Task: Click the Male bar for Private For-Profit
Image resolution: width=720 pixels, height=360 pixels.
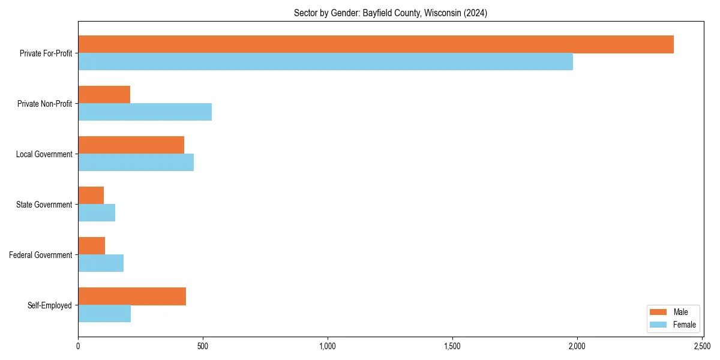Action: click(376, 44)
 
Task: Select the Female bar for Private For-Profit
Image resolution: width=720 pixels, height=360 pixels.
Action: click(325, 62)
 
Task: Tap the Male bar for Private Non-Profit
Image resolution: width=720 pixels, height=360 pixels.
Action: click(104, 95)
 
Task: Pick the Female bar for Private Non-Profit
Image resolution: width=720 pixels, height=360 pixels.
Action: click(145, 112)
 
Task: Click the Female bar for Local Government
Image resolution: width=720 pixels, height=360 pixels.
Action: click(136, 163)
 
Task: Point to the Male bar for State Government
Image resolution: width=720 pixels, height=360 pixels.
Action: click(91, 196)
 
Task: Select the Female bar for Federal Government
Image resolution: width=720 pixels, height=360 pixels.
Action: click(101, 263)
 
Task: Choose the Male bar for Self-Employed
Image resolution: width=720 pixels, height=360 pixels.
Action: click(132, 296)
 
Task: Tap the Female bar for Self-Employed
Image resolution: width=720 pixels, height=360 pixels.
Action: click(104, 314)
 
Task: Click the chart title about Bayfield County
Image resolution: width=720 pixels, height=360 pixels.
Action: click(390, 13)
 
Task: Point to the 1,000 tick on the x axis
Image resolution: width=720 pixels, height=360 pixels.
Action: click(328, 346)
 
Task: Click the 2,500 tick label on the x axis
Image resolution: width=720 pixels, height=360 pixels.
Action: click(702, 346)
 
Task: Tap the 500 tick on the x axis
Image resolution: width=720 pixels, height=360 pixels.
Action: click(203, 346)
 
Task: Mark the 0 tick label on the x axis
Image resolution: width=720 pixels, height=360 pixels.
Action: click(78, 346)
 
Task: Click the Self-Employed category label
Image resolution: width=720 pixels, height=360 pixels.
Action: click(50, 305)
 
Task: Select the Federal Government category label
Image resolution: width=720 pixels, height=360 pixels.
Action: click(41, 255)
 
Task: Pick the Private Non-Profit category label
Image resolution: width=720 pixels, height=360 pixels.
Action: click(45, 104)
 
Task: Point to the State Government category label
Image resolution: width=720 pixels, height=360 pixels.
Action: click(44, 205)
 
